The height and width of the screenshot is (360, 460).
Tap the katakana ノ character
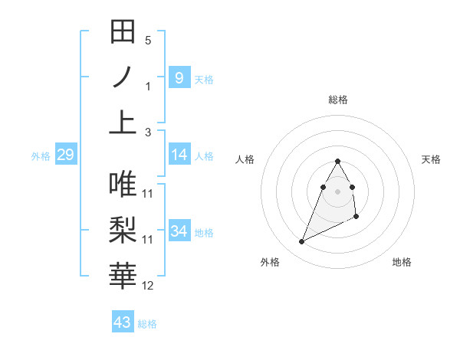coord(123,77)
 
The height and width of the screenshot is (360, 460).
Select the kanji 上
coord(123,121)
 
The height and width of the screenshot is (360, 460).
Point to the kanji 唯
coord(123,184)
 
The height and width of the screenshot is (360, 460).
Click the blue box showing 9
coord(179,77)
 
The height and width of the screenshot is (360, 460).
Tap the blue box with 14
coord(179,155)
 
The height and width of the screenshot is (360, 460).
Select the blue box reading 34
coord(179,231)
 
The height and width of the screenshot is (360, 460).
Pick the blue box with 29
coord(65,155)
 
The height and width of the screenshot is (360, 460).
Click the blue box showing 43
coord(122,322)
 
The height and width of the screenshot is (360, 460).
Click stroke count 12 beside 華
coord(148,286)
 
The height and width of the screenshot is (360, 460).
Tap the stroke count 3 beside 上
coord(148,132)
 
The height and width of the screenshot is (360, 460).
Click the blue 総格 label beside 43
coord(147,324)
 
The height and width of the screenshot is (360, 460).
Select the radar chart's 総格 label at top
coord(338,100)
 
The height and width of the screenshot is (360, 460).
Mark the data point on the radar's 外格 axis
coord(301,242)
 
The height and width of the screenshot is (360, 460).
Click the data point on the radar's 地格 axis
coord(357,218)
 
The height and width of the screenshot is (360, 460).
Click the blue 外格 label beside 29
coord(41,156)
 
